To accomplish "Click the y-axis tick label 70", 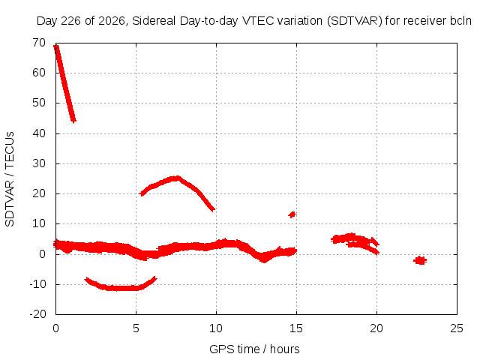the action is pyautogui.click(x=39, y=43).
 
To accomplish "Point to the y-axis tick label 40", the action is pyautogui.click(x=39, y=133).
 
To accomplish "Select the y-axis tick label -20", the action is pyautogui.click(x=37, y=314).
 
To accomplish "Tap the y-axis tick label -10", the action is pyautogui.click(x=37, y=284).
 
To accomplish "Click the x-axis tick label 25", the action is pyautogui.click(x=457, y=328).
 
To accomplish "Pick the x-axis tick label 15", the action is pyautogui.click(x=296, y=328).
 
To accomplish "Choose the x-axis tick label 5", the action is pyautogui.click(x=136, y=328).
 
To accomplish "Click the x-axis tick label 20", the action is pyautogui.click(x=376, y=328).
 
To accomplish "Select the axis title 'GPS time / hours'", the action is pyautogui.click(x=254, y=349).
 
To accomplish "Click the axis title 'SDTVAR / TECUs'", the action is pyautogui.click(x=10, y=179).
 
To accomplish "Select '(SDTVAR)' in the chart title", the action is pyautogui.click(x=355, y=21).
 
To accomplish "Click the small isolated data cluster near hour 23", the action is pyautogui.click(x=420, y=260).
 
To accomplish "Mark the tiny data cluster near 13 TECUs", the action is pyautogui.click(x=292, y=214).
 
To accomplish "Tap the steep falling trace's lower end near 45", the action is pyautogui.click(x=73, y=120).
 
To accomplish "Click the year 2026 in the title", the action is pyautogui.click(x=112, y=21).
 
